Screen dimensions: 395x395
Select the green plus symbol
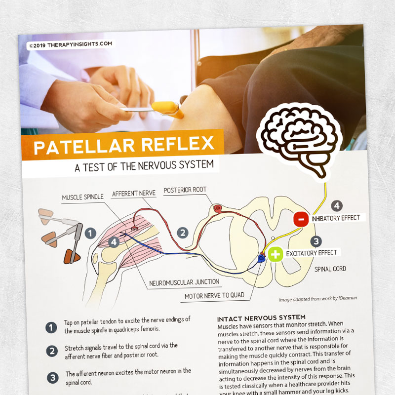click(276, 254)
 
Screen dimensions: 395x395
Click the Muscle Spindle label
click(82, 197)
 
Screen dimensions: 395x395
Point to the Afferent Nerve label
click(134, 194)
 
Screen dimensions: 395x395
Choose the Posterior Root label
click(185, 190)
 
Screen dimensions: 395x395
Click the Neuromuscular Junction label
click(184, 282)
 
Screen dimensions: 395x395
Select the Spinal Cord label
click(330, 269)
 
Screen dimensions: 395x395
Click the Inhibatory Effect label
click(337, 217)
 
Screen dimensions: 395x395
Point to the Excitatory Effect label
click(312, 253)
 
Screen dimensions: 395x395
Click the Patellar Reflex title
click(123, 146)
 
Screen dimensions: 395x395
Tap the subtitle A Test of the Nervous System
click(145, 166)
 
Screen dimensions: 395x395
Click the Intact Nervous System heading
click(262, 316)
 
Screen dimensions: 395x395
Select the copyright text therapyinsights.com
click(71, 44)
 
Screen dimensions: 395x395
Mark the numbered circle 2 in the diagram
click(183, 232)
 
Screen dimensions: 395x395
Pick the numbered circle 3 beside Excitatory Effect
click(316, 241)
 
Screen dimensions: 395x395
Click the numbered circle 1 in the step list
click(51, 327)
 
